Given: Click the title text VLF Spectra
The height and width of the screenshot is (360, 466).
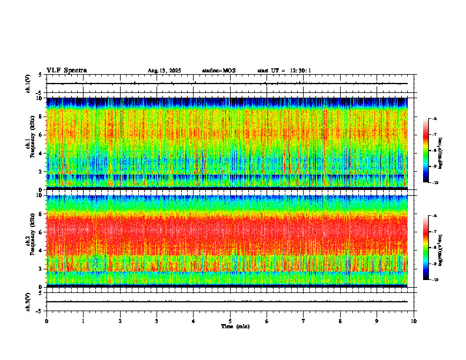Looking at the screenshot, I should (x=66, y=71).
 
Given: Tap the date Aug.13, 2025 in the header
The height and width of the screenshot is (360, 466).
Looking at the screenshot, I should (x=164, y=71).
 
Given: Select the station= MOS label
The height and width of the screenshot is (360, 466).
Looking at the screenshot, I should (x=218, y=71).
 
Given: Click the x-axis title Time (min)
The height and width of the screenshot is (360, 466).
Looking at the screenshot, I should (x=235, y=326).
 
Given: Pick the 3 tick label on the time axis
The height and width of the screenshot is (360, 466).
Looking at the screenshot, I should (x=157, y=321).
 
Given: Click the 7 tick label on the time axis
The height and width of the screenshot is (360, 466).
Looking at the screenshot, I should (x=304, y=321).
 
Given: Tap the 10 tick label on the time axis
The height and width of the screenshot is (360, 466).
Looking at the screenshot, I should (x=414, y=321).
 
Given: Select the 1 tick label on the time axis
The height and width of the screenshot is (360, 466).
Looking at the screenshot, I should (x=83, y=321).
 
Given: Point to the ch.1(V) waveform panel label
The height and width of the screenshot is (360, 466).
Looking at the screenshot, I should (x=28, y=84).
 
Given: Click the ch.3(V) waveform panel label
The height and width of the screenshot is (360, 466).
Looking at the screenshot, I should (x=28, y=301).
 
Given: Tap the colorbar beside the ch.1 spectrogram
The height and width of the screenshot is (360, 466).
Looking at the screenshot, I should (x=427, y=151).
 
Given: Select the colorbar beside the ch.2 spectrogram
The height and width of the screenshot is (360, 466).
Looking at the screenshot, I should (x=427, y=247).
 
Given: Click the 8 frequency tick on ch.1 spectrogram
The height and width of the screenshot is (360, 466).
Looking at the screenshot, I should (x=40, y=116).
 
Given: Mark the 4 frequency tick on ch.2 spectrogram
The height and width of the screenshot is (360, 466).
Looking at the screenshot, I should (x=40, y=251).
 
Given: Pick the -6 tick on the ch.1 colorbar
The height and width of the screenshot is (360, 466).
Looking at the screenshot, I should (x=435, y=119).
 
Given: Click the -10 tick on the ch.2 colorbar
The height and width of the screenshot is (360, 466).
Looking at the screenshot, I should (x=435, y=279).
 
